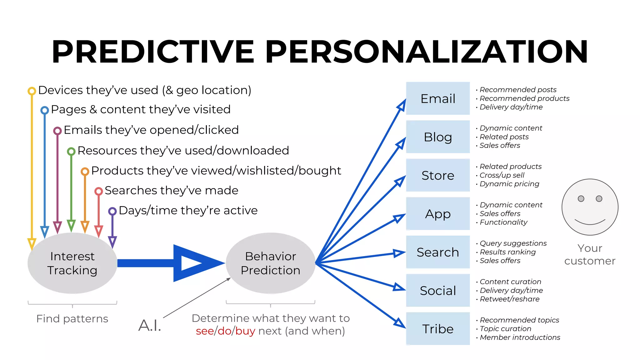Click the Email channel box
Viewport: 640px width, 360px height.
(x=437, y=98)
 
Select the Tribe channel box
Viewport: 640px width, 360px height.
(x=437, y=329)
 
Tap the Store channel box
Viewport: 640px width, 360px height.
(x=437, y=175)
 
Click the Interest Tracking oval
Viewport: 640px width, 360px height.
(x=72, y=263)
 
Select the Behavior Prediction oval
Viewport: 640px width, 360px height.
(x=270, y=263)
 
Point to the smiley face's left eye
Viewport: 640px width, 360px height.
(x=581, y=199)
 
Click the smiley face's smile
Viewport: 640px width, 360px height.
(x=590, y=222)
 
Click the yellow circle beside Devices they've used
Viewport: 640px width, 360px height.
(x=32, y=91)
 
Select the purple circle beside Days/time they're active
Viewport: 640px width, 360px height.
(x=112, y=211)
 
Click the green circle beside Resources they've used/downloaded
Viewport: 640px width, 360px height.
(x=71, y=152)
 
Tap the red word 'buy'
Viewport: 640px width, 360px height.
(x=245, y=331)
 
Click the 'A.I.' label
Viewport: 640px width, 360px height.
(x=150, y=325)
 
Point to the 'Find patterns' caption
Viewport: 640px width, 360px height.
(x=72, y=319)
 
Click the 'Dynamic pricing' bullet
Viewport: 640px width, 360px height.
(x=509, y=184)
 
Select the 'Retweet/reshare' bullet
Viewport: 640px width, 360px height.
(x=509, y=299)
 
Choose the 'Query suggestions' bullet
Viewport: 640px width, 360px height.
(x=513, y=243)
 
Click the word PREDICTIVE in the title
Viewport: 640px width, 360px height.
(x=153, y=52)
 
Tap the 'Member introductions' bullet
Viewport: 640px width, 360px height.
(x=520, y=337)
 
